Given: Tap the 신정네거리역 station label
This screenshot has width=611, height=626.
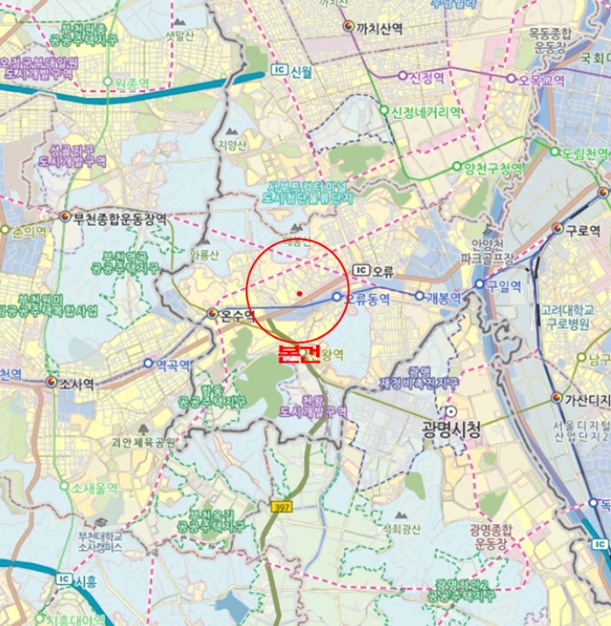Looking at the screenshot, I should coord(425,113).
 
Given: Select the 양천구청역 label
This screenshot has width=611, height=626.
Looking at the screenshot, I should coord(488,167).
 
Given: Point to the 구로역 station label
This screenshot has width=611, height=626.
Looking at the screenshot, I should coord(582,230).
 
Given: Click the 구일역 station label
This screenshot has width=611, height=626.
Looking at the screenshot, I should coord(505,285).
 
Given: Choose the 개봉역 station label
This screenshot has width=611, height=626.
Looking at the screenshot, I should coord(443,297).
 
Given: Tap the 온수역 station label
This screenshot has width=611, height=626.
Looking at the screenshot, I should coord(238,315).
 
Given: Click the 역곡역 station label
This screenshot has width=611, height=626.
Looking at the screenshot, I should coord(173,365).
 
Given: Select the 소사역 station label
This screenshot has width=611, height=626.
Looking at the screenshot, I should coord(77,383).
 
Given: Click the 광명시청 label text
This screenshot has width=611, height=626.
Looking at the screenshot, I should coord(451,429).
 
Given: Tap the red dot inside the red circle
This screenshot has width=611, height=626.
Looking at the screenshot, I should coord(299,292).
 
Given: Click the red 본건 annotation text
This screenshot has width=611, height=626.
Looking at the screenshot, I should coord(298,355).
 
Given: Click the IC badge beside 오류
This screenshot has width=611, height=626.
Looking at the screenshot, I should coord(361,270).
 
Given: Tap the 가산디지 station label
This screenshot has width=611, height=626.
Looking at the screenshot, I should coord(587,399).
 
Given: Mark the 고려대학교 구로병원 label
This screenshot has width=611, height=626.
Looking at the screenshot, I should coord(573,316).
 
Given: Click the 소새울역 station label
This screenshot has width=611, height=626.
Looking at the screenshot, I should coord(95,487).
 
